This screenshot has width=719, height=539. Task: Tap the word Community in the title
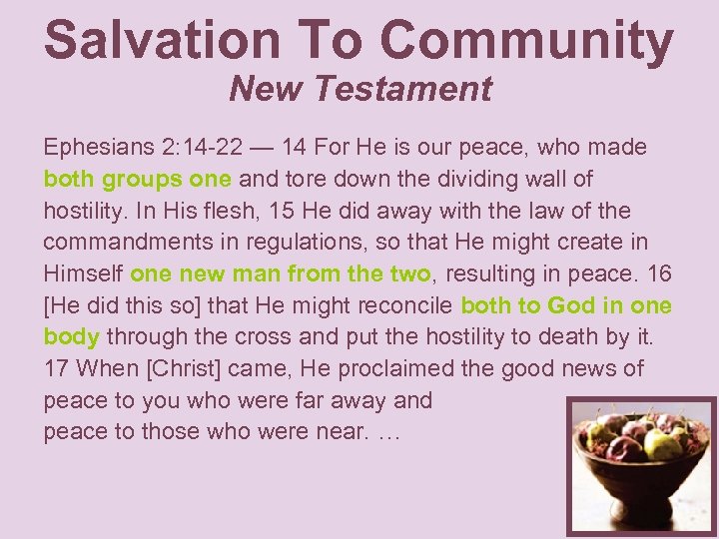[526, 40]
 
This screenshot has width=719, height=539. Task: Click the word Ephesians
[97, 149]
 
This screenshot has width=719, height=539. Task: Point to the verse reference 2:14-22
[206, 148]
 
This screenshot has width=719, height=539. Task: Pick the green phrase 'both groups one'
[138, 180]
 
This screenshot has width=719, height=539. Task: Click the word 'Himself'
[83, 273]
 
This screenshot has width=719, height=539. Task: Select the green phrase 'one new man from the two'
[281, 273]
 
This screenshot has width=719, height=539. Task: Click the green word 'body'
[71, 337]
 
